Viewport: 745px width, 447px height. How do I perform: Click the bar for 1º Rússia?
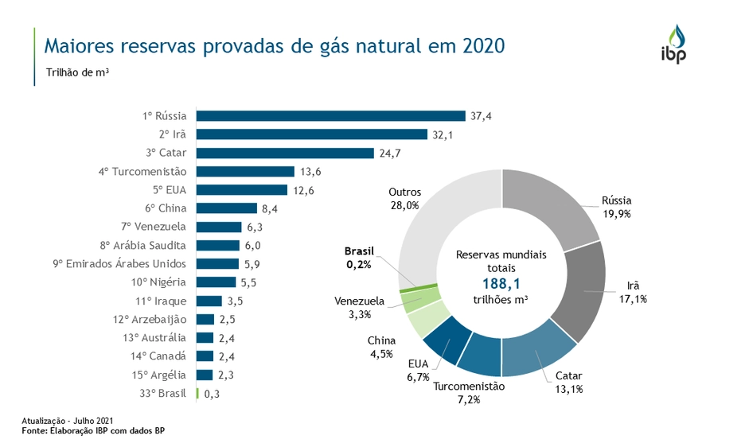330,116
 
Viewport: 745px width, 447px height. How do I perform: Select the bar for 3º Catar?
285,153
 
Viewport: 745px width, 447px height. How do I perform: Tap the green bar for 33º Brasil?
197,393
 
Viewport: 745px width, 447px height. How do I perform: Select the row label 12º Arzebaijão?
150,319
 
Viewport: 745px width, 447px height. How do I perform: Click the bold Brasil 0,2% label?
358,257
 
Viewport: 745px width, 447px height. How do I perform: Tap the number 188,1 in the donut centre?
501,284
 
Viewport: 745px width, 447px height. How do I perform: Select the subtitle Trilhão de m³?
77,72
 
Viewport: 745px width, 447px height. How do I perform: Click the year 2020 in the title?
482,45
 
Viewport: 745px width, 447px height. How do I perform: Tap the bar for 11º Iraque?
209,301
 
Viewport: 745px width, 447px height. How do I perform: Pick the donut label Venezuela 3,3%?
359,307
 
